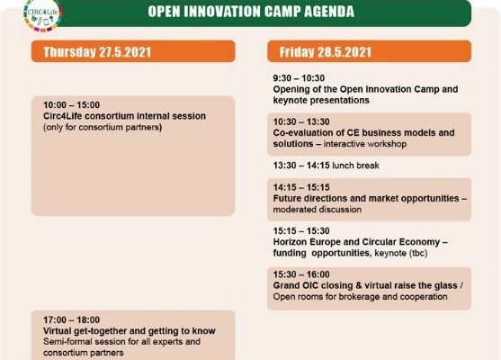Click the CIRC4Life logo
pyautogui.click(x=42, y=14)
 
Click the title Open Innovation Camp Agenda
pyautogui.click(x=251, y=12)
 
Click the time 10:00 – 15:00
pyautogui.click(x=72, y=105)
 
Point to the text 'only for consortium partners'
pyautogui.click(x=103, y=127)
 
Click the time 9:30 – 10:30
pyautogui.click(x=299, y=78)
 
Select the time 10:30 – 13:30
pyautogui.click(x=301, y=121)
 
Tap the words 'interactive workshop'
pyautogui.click(x=365, y=144)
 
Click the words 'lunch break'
pyautogui.click(x=356, y=166)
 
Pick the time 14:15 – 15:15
pyautogui.click(x=301, y=187)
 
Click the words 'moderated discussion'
pyautogui.click(x=318, y=210)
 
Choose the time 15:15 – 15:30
pyautogui.click(x=301, y=230)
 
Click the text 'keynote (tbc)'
pyautogui.click(x=401, y=253)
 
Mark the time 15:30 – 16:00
pyautogui.click(x=301, y=274)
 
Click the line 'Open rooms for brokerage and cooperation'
pyautogui.click(x=360, y=297)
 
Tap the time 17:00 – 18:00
pyautogui.click(x=72, y=319)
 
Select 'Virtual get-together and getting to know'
pyautogui.click(x=130, y=331)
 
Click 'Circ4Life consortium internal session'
pyautogui.click(x=125, y=116)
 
